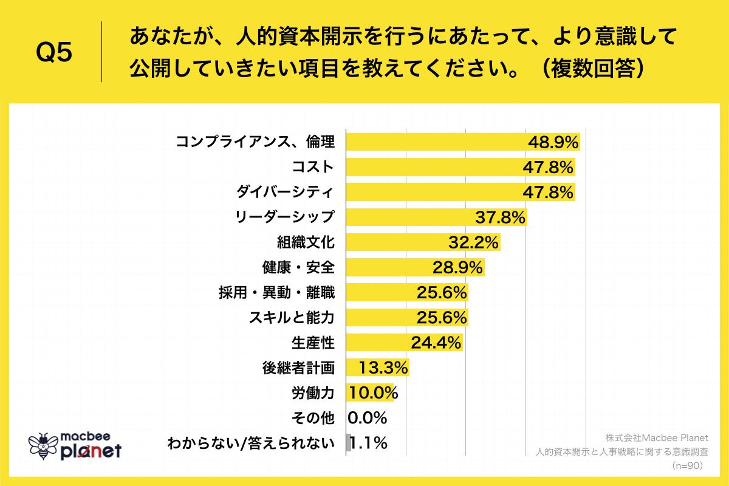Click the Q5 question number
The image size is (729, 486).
[54, 52]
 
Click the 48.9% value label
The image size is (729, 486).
[552, 142]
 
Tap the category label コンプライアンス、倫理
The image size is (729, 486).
[255, 142]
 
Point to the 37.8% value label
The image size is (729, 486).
[499, 217]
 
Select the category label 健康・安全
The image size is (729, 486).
[298, 267]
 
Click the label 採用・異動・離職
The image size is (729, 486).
[277, 293]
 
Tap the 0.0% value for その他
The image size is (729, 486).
[368, 418]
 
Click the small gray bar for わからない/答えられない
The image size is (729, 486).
[349, 443]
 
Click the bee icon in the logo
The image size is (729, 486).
[43, 445]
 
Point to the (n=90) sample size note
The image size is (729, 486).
[687, 465]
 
